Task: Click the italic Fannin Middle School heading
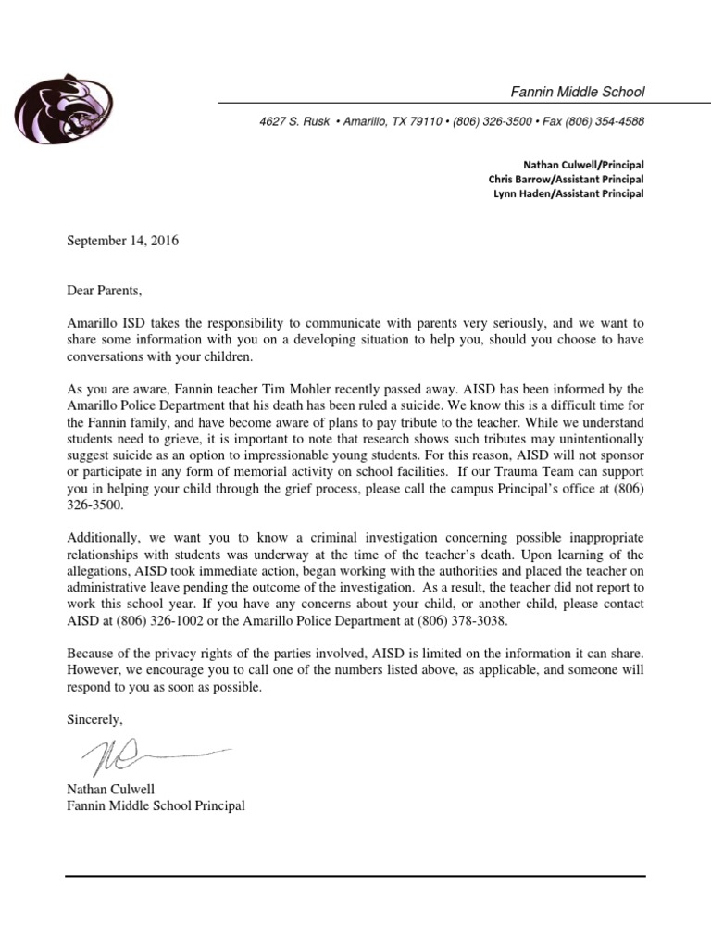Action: (x=578, y=92)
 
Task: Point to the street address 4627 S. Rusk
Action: (x=293, y=122)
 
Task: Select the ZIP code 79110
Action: (x=427, y=122)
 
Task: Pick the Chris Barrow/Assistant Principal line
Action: (x=566, y=179)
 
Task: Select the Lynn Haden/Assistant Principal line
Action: (x=568, y=193)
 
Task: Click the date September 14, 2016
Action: (x=122, y=242)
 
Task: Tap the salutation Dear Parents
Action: (x=105, y=291)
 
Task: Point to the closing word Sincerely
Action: (x=94, y=719)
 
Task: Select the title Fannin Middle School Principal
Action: (x=156, y=806)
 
